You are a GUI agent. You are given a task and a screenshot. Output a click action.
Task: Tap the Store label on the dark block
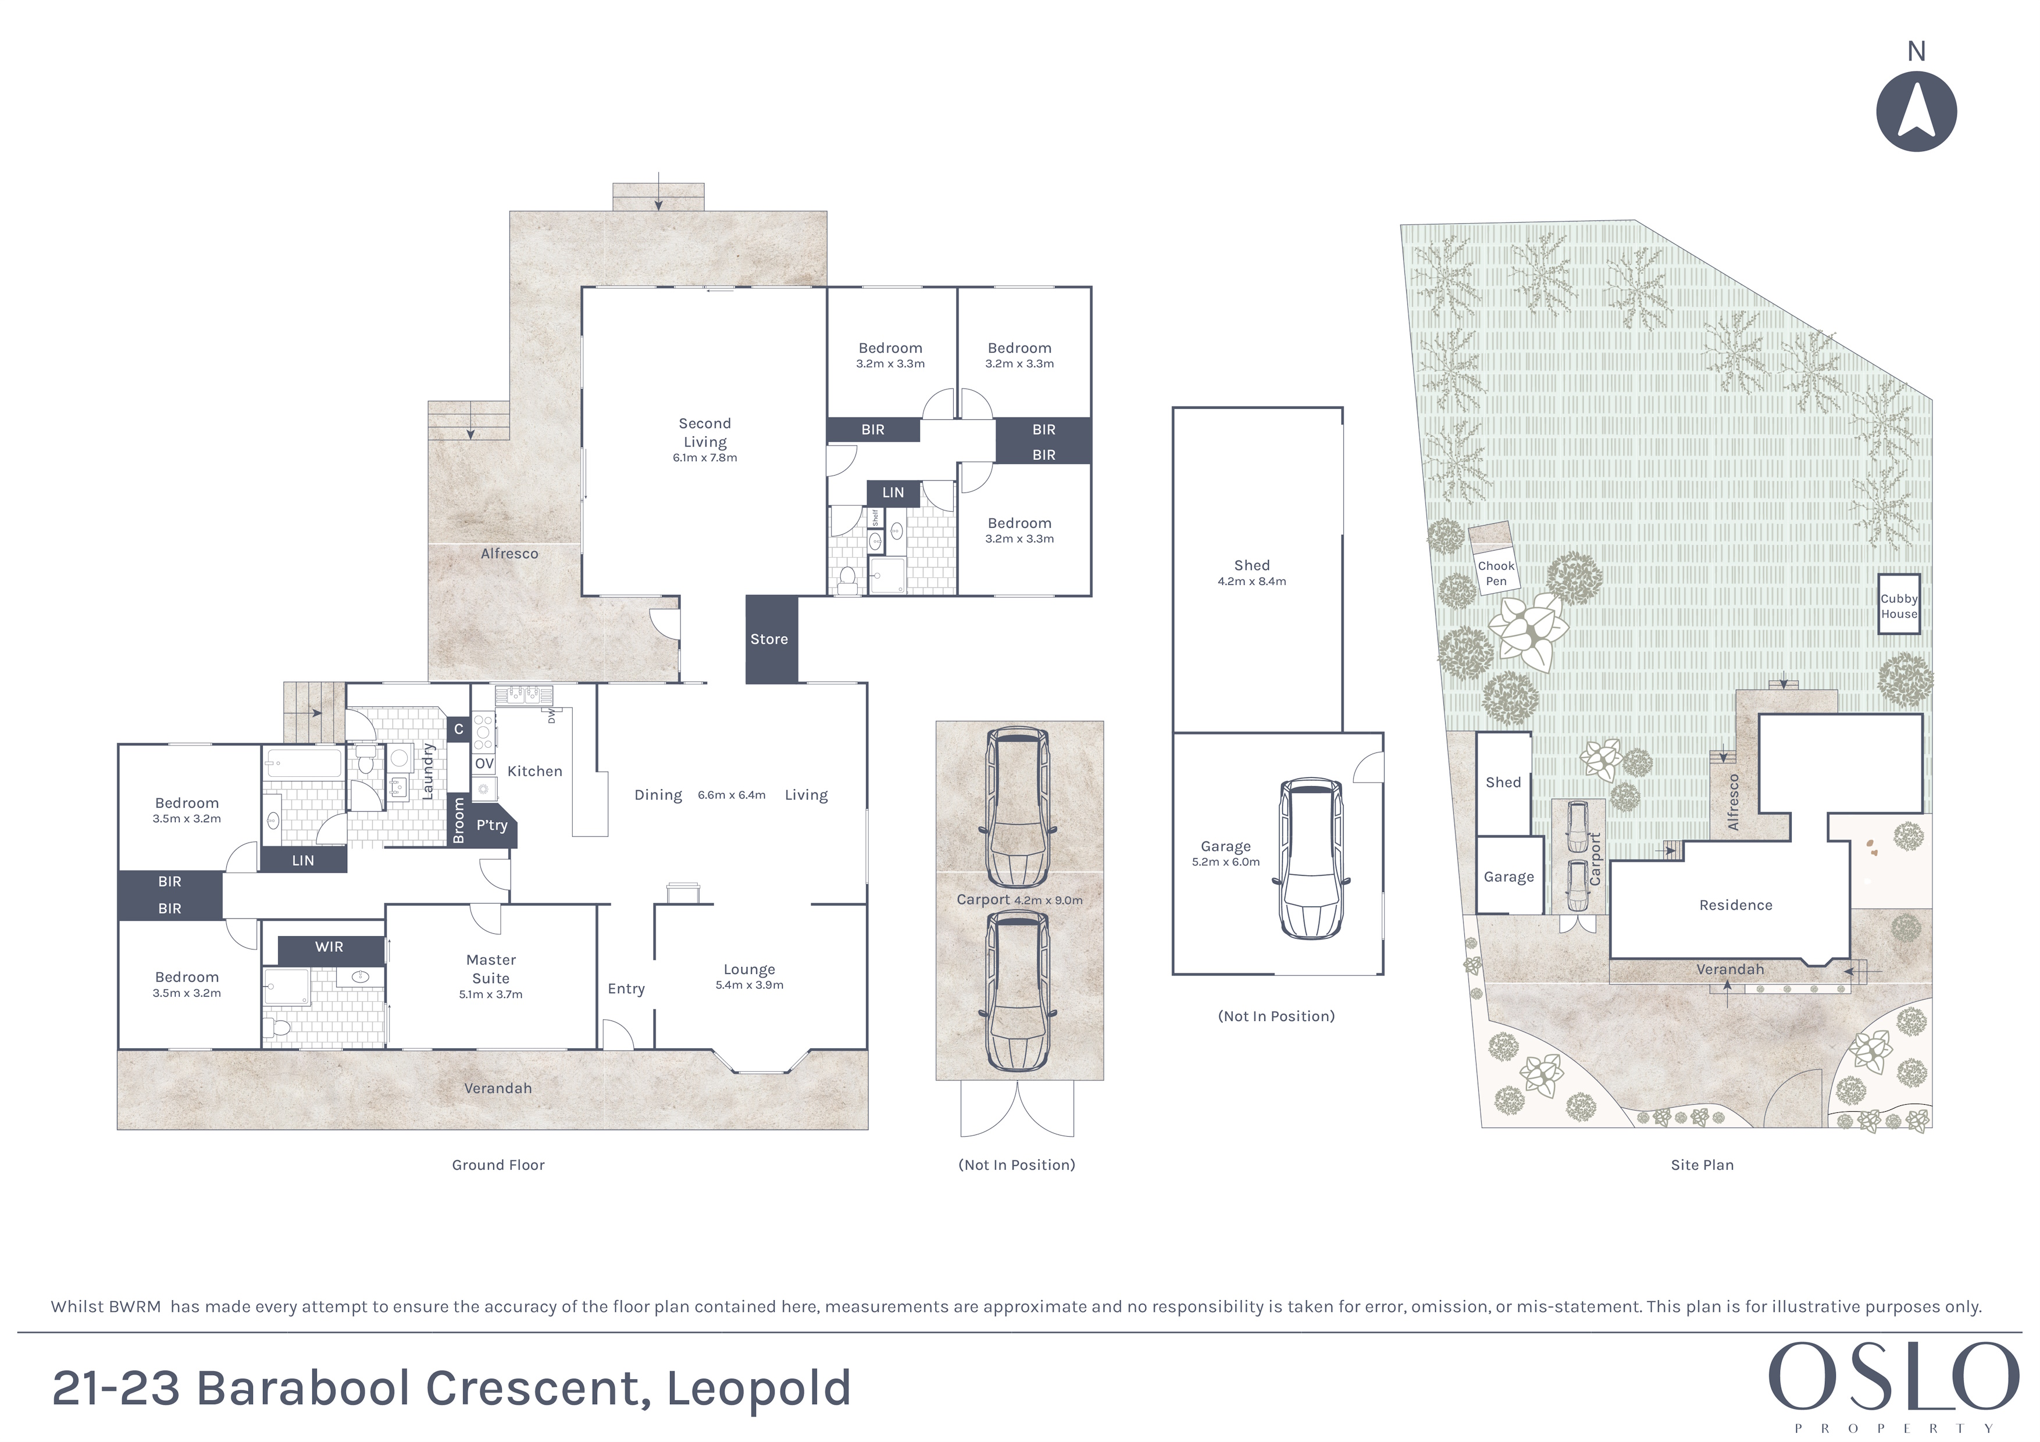[769, 639]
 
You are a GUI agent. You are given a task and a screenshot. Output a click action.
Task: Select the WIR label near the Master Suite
[329, 947]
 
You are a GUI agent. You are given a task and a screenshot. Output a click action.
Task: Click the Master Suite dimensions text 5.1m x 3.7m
[490, 994]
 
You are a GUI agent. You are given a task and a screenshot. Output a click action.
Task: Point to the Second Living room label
[705, 433]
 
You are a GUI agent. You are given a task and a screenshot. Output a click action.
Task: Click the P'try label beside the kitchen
[491, 826]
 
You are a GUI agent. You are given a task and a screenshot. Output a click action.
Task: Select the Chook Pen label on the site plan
[1496, 573]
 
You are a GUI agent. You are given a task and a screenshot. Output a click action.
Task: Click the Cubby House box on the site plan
[1899, 604]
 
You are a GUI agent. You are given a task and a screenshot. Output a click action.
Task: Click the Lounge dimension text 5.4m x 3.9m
[749, 984]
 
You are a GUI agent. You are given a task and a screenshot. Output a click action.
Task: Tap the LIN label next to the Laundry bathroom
[303, 860]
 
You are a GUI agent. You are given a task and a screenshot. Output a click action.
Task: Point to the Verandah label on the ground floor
[498, 1088]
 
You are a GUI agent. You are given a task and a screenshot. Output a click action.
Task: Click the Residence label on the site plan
[1735, 905]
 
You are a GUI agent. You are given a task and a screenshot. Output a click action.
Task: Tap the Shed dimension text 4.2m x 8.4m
[1252, 581]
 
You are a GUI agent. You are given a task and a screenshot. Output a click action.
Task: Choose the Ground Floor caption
[498, 1165]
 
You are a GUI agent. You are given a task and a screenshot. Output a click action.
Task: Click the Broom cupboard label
[458, 820]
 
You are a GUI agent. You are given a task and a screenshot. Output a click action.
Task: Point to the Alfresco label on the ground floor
[509, 554]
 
